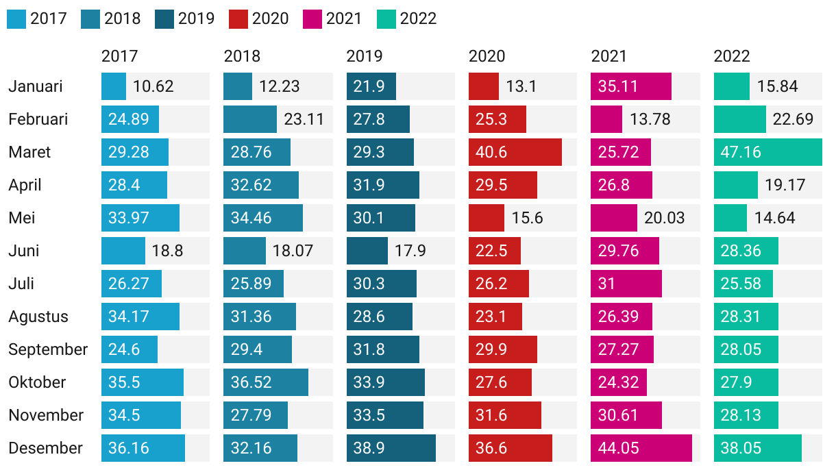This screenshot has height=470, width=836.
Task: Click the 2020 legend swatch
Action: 238,18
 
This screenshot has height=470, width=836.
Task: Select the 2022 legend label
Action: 418,18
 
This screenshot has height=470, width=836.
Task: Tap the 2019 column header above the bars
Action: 365,56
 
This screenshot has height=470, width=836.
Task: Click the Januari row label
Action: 36,86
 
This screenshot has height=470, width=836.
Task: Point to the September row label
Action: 48,349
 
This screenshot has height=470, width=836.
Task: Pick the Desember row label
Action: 45,448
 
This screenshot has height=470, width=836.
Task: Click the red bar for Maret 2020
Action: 515,152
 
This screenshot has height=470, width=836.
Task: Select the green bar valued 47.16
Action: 767,152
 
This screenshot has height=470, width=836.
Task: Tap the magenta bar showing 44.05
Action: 641,448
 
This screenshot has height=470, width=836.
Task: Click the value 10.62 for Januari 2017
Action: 153,86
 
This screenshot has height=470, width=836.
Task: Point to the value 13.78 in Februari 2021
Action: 650,119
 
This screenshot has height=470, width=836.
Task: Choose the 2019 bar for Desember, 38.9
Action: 391,448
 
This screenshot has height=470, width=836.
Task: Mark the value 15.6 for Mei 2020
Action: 527,218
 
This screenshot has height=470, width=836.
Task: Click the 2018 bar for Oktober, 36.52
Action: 266,382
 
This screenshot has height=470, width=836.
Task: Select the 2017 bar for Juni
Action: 123,251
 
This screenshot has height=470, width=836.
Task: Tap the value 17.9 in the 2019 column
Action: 410,251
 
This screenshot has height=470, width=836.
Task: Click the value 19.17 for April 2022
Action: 785,185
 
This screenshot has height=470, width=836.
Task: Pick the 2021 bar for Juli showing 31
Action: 626,284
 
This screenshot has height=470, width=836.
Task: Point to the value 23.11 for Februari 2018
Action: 304,119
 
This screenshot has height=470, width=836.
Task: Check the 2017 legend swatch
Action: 16,18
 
